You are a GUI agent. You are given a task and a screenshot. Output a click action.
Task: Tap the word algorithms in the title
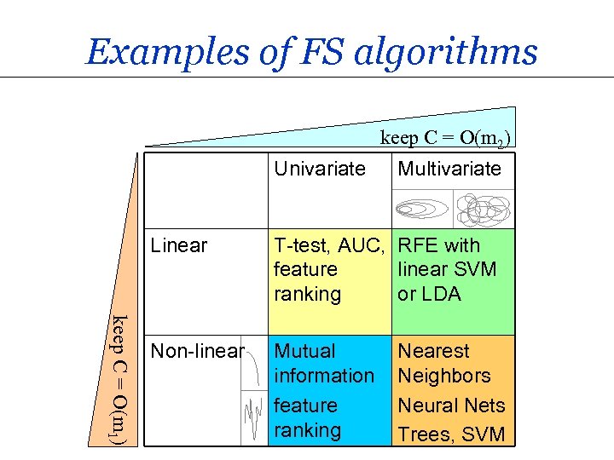point(443,52)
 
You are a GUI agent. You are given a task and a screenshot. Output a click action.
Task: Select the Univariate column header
point(319,169)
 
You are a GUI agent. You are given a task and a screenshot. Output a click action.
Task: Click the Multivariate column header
point(449,169)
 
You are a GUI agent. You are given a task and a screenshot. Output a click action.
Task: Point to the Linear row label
point(178,246)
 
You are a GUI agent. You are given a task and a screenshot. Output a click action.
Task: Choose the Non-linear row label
point(197,351)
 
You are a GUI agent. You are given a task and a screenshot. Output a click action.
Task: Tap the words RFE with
point(439,246)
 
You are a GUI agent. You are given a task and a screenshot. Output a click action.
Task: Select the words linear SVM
point(447,270)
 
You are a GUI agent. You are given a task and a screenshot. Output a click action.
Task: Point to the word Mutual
point(304,351)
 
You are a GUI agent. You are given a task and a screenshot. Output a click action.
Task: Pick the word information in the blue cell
point(324,375)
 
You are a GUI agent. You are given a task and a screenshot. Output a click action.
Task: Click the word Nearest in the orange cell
point(433,351)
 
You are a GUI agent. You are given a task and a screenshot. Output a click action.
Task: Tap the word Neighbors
point(444,375)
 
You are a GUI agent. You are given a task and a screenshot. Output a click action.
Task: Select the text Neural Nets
point(451,405)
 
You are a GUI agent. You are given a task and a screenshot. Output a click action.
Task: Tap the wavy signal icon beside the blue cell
point(253,417)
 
